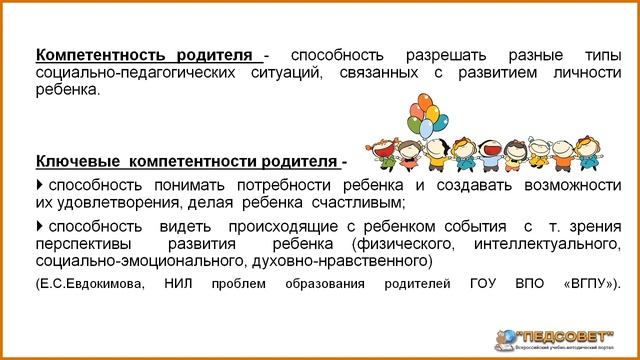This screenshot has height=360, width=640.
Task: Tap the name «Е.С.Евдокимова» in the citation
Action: (x=88, y=283)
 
